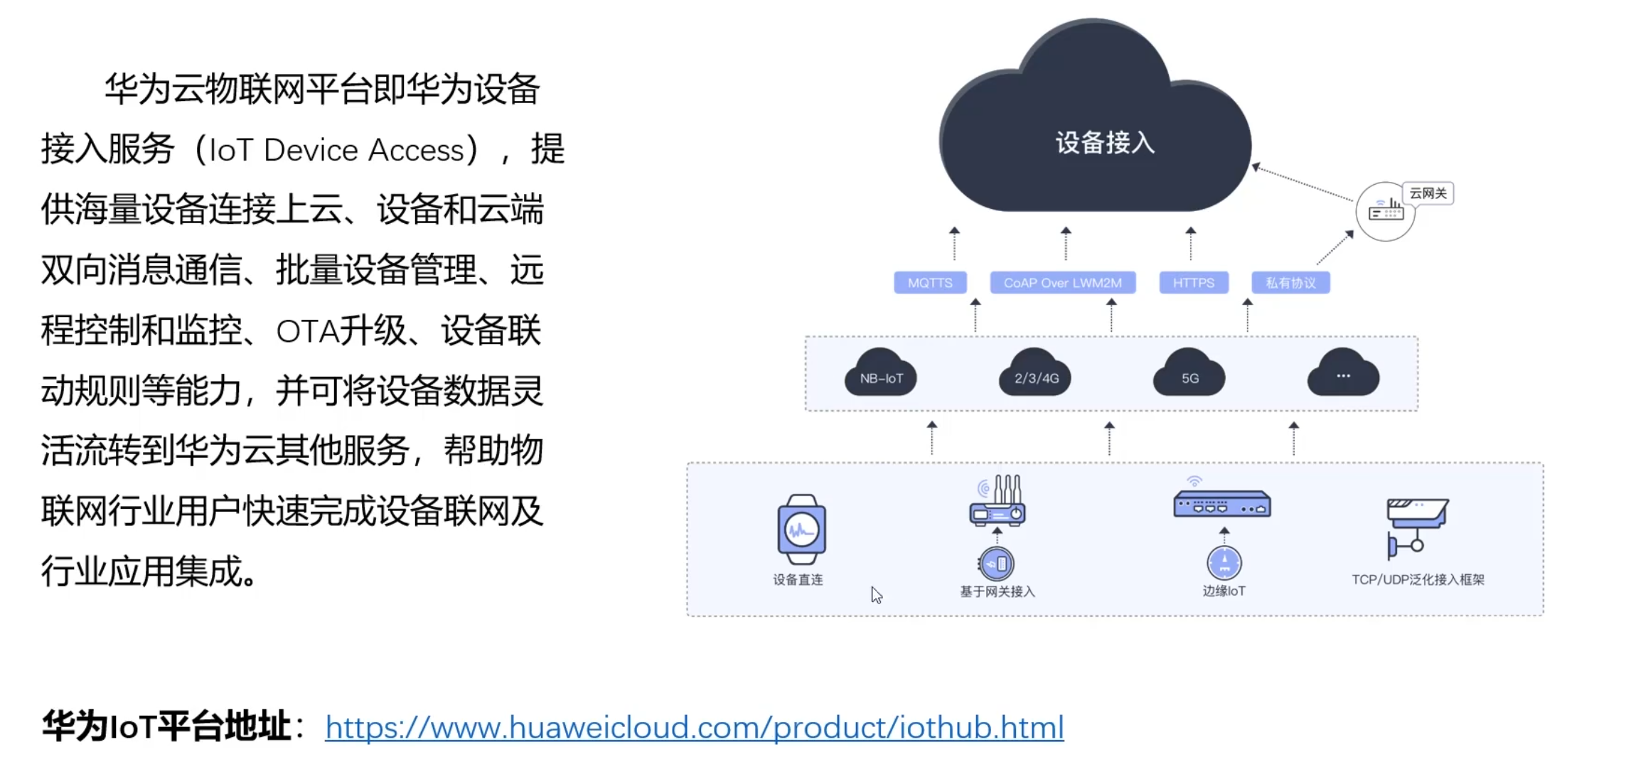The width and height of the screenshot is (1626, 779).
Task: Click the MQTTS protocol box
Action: tap(930, 283)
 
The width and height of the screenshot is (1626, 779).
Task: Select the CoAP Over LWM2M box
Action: tap(1062, 283)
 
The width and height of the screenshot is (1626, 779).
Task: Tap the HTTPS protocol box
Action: tap(1193, 283)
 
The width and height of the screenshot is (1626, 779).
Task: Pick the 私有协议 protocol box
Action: tap(1290, 283)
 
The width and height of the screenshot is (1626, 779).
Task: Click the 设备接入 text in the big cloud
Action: tap(1104, 143)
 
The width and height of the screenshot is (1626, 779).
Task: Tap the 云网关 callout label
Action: tap(1428, 193)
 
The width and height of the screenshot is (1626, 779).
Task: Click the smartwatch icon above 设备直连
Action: tap(801, 530)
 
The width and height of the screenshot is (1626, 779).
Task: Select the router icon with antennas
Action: tap(997, 503)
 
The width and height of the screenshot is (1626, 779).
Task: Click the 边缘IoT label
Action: tap(1224, 591)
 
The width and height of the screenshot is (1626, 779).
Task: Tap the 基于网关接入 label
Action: tap(997, 591)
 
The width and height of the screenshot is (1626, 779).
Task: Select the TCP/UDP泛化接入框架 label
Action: tap(1418, 580)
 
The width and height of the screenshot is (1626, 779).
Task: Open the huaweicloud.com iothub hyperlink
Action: tap(694, 727)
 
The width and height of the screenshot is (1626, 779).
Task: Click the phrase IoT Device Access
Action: tap(336, 151)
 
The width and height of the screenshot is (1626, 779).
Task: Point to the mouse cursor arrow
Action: tap(876, 595)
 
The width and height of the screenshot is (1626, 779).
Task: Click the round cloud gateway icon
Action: tap(1385, 211)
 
